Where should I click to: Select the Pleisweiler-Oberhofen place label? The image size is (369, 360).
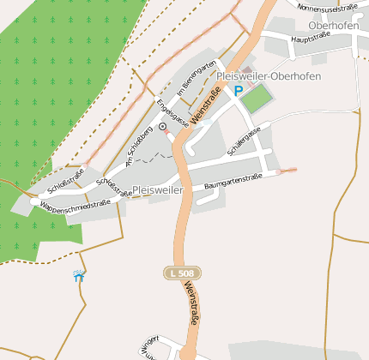click(x=269, y=76)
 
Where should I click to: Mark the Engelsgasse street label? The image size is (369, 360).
click(x=167, y=112)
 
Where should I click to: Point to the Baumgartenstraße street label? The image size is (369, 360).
click(x=233, y=182)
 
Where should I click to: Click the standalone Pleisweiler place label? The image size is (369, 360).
click(x=159, y=190)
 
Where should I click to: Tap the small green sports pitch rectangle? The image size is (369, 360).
click(x=257, y=99)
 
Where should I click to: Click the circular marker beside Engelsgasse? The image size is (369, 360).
click(x=162, y=127)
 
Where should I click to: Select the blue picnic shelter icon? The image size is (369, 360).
click(x=79, y=276)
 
